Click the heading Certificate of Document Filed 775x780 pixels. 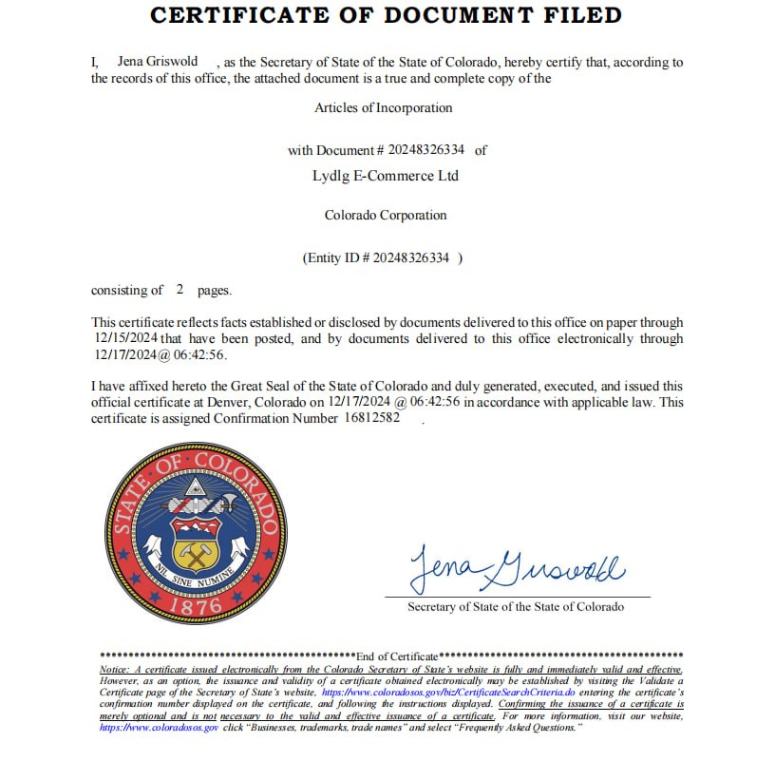[387, 15]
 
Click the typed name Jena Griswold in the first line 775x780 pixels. [158, 62]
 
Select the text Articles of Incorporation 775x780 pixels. [384, 108]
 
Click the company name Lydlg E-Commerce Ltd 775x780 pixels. [386, 176]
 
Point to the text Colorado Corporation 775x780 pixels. [386, 216]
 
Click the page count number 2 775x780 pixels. [180, 290]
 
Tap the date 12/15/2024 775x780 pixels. [125, 338]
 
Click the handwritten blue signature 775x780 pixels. [517, 568]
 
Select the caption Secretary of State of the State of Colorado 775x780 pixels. [516, 607]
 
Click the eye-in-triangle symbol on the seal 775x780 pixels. [196, 490]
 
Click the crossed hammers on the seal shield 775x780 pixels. [196, 552]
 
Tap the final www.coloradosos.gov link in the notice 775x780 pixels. [159, 728]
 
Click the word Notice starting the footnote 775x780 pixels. [114, 670]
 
